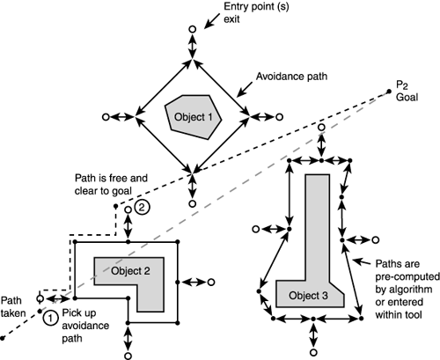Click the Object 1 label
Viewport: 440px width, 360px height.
(x=191, y=117)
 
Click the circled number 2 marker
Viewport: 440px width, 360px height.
(x=143, y=209)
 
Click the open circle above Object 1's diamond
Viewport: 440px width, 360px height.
(x=192, y=30)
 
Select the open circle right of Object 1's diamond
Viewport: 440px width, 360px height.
(x=278, y=115)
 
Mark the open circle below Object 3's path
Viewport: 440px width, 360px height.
(x=314, y=345)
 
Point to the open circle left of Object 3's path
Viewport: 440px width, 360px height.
(x=256, y=229)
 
